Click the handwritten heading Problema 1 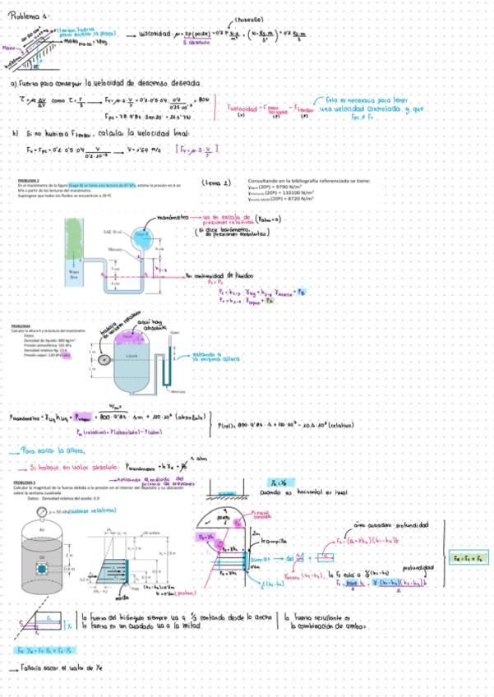pos(27,14)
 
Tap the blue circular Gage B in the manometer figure pos(143,235)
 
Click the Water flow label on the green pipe pos(74,275)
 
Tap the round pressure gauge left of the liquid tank pos(104,360)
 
